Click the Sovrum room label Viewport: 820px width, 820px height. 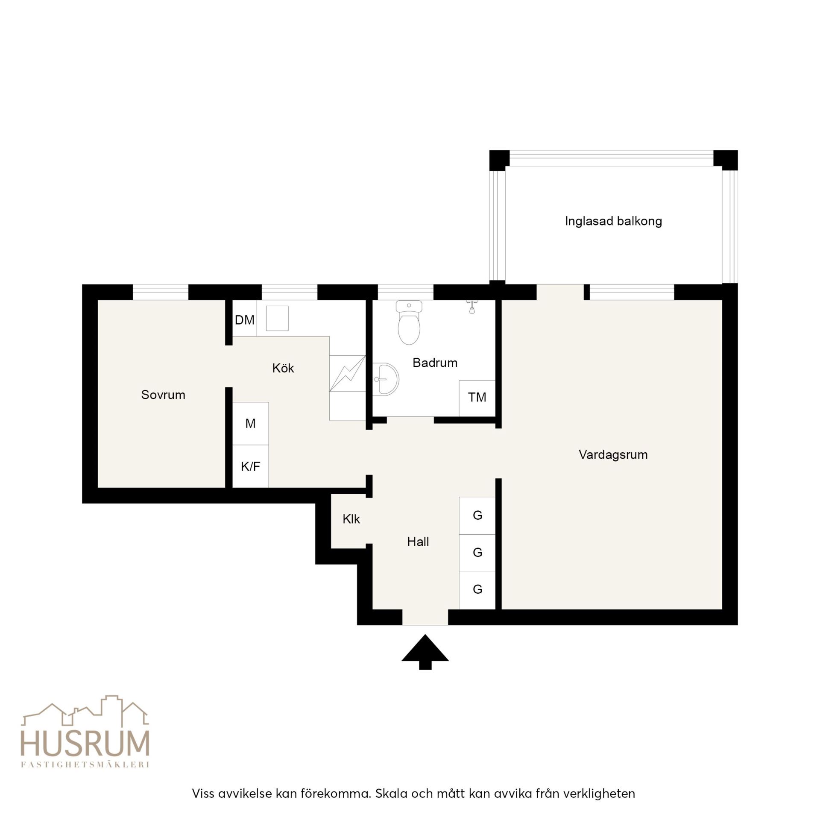point(163,395)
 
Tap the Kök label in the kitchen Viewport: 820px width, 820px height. point(283,368)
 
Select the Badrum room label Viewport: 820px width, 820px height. point(435,363)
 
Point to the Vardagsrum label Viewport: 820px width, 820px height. point(613,455)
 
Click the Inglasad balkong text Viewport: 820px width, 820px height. point(613,221)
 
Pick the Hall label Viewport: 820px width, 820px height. point(418,542)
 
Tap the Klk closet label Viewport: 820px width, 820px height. point(351,519)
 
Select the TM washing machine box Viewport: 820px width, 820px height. point(477,398)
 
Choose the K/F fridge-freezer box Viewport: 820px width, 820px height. point(250,466)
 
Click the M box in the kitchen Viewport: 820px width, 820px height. point(250,423)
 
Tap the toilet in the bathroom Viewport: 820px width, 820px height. point(409,322)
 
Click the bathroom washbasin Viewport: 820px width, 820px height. point(385,379)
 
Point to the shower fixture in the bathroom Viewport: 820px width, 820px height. point(471,306)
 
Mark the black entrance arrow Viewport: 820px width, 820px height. point(425,652)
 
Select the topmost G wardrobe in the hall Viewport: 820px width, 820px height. point(477,515)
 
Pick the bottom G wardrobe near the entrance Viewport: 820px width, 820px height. point(477,590)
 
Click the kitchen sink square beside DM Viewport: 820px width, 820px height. point(277,318)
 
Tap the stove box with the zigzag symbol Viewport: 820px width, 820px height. point(348,373)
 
